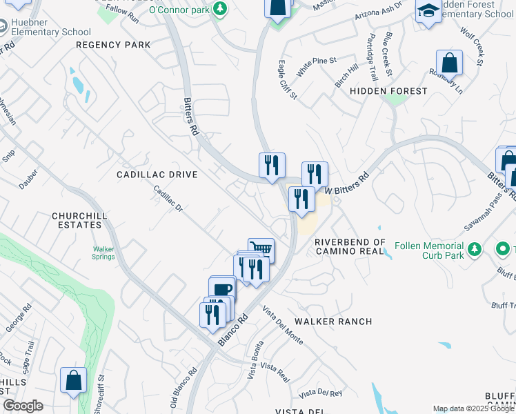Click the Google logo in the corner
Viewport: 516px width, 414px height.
pyautogui.click(x=23, y=406)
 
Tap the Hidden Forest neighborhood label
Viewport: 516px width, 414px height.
pyautogui.click(x=388, y=90)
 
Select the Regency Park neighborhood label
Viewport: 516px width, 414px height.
pyautogui.click(x=113, y=45)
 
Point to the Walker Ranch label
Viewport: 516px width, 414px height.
pyautogui.click(x=333, y=322)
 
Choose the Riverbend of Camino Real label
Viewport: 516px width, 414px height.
pyautogui.click(x=350, y=246)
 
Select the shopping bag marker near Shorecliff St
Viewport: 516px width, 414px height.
pyautogui.click(x=73, y=380)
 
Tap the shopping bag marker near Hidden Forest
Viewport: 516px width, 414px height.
pyautogui.click(x=449, y=63)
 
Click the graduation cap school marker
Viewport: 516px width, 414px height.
pyautogui.click(x=428, y=10)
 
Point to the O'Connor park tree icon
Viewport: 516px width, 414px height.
pyautogui.click(x=220, y=9)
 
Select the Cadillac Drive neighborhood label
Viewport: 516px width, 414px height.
pyautogui.click(x=157, y=175)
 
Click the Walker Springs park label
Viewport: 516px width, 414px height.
pyautogui.click(x=103, y=253)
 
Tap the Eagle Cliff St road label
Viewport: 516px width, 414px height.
pyautogui.click(x=288, y=82)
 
